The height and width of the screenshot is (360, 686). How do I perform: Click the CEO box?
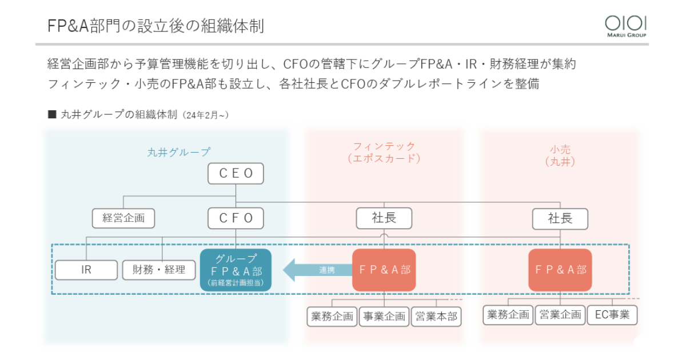pyautogui.click(x=236, y=174)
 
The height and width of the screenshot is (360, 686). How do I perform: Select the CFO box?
pyautogui.click(x=236, y=218)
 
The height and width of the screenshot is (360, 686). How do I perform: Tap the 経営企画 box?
pyautogui.click(x=123, y=218)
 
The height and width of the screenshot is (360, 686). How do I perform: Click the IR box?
pyautogui.click(x=86, y=270)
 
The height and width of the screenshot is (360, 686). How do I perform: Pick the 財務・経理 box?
pyautogui.click(x=159, y=270)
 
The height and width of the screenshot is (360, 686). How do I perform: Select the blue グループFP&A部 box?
pyautogui.click(x=236, y=270)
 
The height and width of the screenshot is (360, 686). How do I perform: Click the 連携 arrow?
pyautogui.click(x=318, y=270)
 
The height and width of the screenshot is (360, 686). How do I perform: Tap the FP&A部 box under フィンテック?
pyautogui.click(x=384, y=270)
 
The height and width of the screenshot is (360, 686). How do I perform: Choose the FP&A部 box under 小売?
pyautogui.click(x=560, y=270)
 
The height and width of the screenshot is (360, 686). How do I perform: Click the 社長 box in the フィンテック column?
pyautogui.click(x=384, y=218)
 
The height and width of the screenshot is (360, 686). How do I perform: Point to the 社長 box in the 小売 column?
pyautogui.click(x=560, y=218)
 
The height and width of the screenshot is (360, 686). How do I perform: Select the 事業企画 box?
pyautogui.click(x=384, y=316)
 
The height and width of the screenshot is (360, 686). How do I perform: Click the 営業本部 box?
pyautogui.click(x=436, y=316)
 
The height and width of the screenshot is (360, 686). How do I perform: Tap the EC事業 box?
pyautogui.click(x=612, y=315)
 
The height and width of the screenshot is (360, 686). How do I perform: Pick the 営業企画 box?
pyautogui.click(x=560, y=315)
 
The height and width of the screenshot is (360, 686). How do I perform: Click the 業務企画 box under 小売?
pyautogui.click(x=508, y=315)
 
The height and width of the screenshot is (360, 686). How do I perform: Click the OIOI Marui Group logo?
pyautogui.click(x=626, y=26)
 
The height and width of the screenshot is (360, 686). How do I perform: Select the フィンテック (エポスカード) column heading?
pyautogui.click(x=384, y=153)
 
